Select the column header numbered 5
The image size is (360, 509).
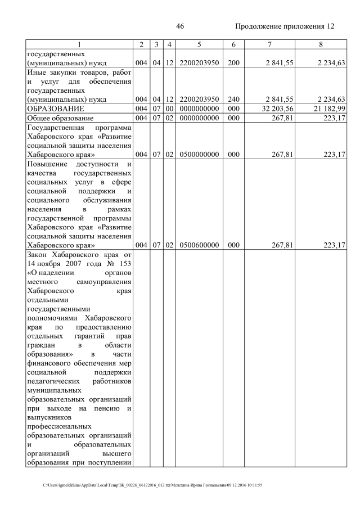click(x=199, y=44)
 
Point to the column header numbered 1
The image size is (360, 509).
click(x=79, y=44)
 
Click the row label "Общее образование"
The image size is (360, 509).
click(x=62, y=118)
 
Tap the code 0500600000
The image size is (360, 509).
click(x=199, y=245)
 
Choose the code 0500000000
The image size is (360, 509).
click(x=199, y=155)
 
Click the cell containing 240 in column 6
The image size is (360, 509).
click(x=231, y=99)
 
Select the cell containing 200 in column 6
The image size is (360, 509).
click(x=231, y=63)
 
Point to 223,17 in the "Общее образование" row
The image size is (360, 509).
click(x=334, y=118)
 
